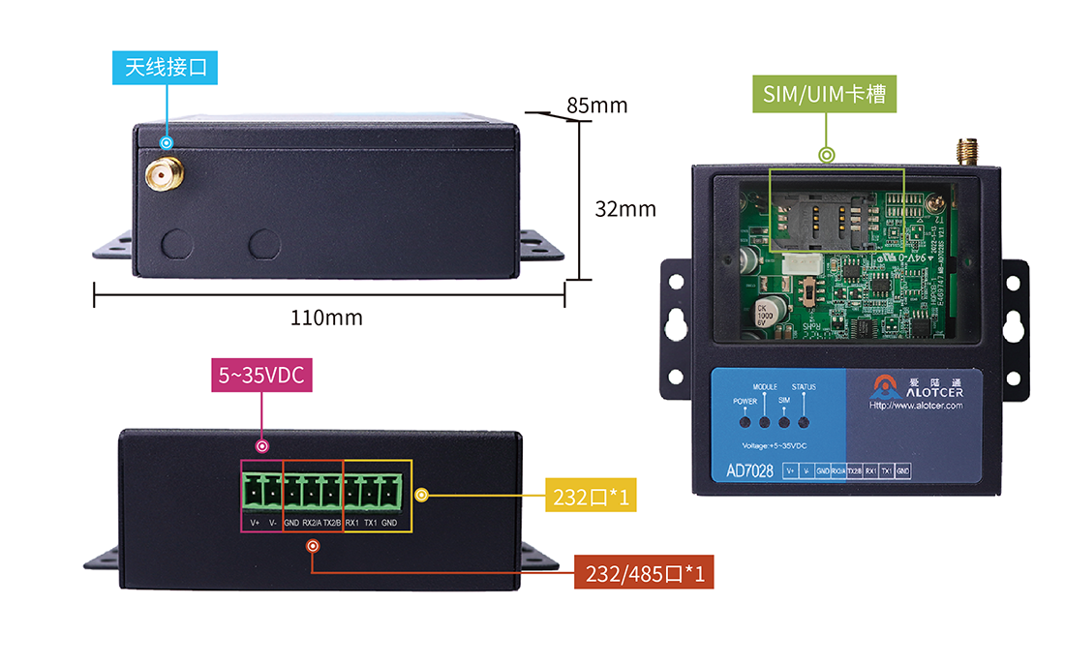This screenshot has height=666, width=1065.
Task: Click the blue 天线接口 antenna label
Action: click(166, 67)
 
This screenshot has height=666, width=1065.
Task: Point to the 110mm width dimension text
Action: click(327, 318)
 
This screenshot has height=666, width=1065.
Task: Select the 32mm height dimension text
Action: click(625, 208)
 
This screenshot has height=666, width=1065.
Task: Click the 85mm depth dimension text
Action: click(597, 106)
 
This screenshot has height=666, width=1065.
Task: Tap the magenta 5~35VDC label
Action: click(261, 376)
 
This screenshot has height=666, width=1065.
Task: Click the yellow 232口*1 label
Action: click(592, 497)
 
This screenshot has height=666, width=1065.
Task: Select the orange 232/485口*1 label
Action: click(644, 574)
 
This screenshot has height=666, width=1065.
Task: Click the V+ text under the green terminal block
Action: click(256, 524)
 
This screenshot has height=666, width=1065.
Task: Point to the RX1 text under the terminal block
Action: click(351, 524)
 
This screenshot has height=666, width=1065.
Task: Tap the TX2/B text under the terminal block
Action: click(330, 524)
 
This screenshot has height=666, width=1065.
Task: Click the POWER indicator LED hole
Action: click(745, 422)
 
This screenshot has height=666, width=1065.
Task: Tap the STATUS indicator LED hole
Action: click(803, 422)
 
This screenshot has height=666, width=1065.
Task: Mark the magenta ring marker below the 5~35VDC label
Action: click(261, 445)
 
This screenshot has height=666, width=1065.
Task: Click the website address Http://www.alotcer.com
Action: click(916, 406)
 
